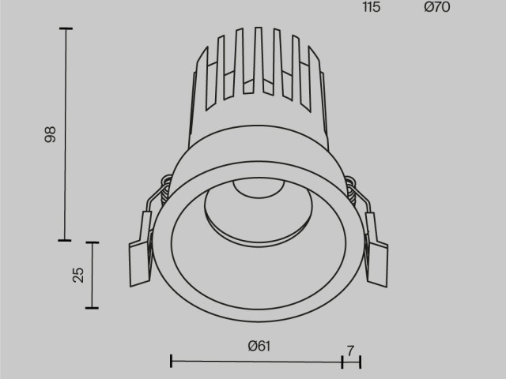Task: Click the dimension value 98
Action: click(x=51, y=134)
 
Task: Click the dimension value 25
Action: click(x=77, y=275)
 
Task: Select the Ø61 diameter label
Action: click(x=259, y=346)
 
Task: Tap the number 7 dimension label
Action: click(x=350, y=347)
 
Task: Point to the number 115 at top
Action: click(x=371, y=8)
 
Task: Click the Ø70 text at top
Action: click(x=436, y=8)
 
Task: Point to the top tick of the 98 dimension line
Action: click(x=65, y=29)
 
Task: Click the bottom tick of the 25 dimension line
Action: click(x=93, y=307)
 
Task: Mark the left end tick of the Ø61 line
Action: click(x=172, y=362)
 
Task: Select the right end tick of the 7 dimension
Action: click(x=360, y=362)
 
